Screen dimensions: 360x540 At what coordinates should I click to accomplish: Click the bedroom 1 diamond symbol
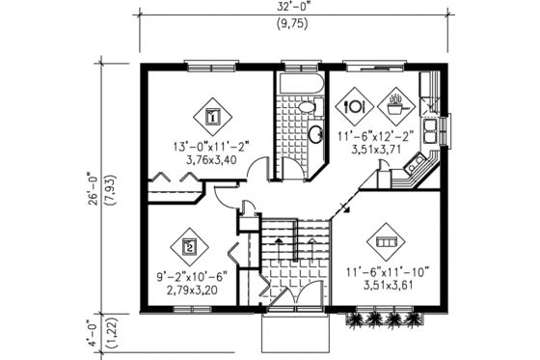click(x=213, y=115)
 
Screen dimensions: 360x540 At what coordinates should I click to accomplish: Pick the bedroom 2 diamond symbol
click(x=190, y=246)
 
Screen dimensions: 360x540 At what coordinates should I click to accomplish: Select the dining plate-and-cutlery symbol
click(x=353, y=102)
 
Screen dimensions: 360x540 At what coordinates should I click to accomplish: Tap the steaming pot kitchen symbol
click(x=395, y=100)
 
